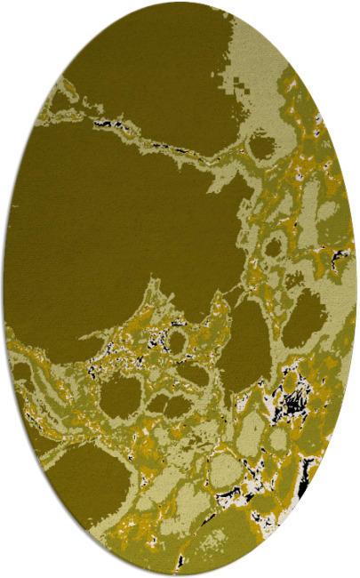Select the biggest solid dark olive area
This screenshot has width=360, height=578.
click(116, 205)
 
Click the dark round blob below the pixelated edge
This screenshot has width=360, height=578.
click(263, 143)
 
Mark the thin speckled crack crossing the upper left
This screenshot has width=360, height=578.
click(142, 133)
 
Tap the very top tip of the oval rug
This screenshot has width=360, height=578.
click(180, 3)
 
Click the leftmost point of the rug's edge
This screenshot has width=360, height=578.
click(3, 289)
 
